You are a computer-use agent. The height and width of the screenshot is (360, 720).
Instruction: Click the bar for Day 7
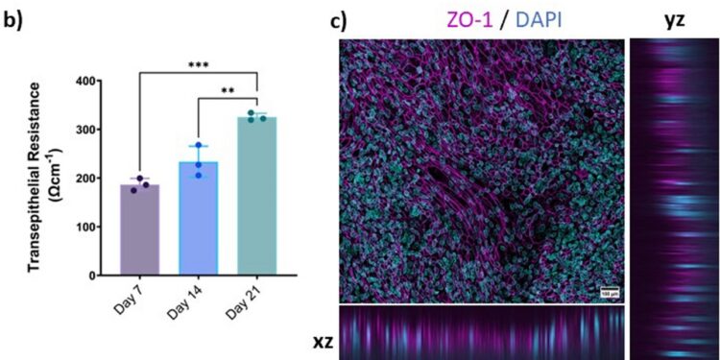coord(139,230)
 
